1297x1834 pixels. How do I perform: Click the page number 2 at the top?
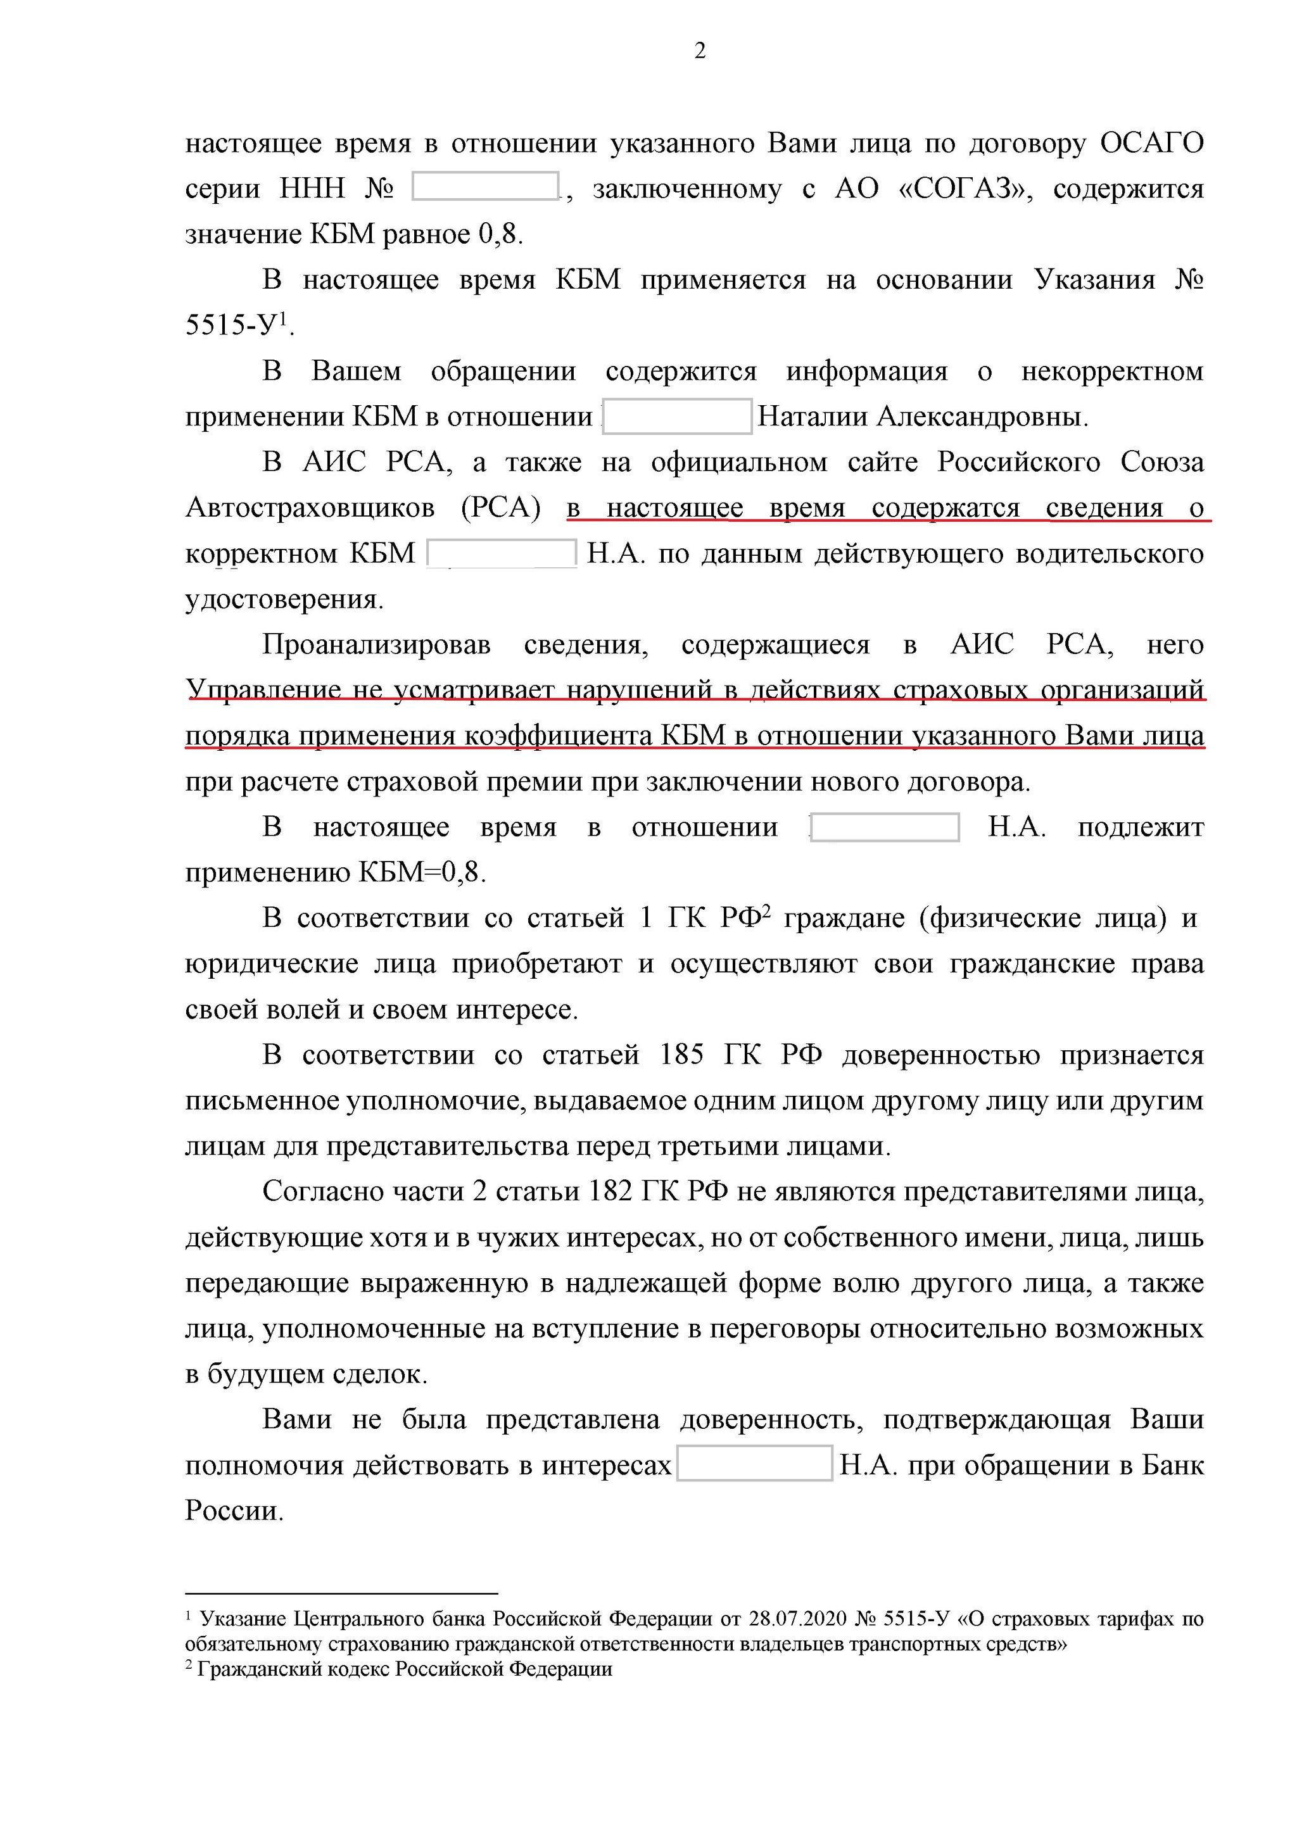700,52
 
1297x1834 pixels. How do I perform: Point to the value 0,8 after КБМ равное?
500,235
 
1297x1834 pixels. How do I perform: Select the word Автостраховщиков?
310,508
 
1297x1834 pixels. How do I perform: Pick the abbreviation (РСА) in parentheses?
501,508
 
